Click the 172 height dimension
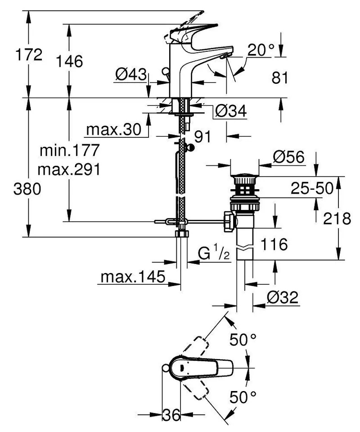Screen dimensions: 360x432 (29, 55)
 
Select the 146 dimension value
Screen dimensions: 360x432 (69, 61)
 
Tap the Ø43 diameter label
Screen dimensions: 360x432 (131, 74)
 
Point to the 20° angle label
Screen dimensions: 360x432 (261, 50)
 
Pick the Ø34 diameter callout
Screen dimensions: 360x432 (231, 111)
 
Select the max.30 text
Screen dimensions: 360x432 (114, 129)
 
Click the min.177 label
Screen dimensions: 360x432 (69, 150)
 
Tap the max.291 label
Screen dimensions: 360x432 (69, 169)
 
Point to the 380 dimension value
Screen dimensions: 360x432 (27, 189)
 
